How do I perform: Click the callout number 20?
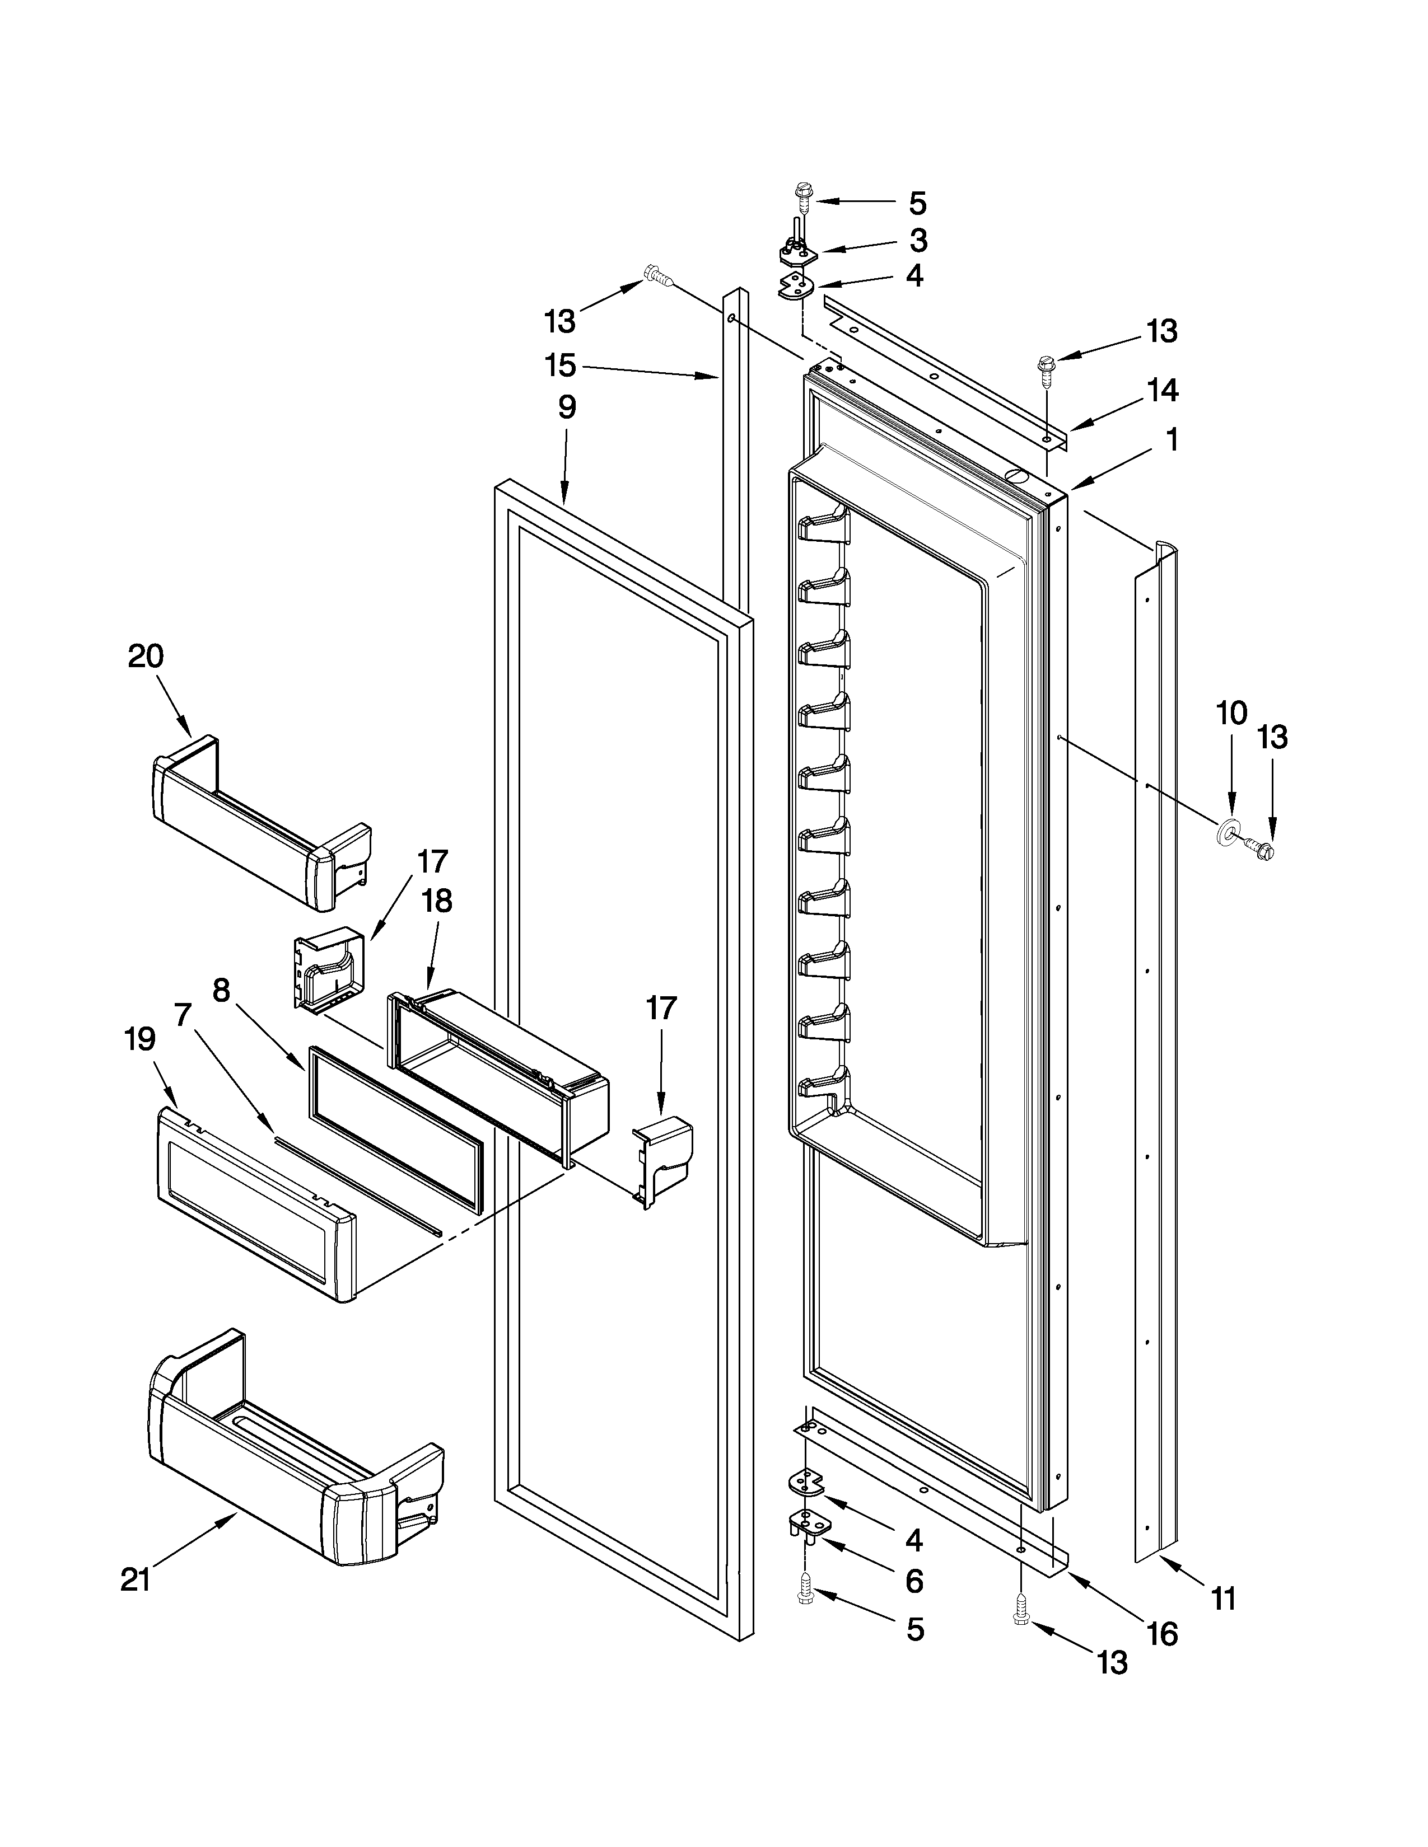[x=146, y=657]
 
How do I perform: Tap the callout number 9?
[x=567, y=407]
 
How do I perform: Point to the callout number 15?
[x=560, y=366]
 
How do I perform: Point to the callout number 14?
[x=1163, y=390]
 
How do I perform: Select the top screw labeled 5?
[x=802, y=197]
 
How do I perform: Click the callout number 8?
[x=221, y=990]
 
